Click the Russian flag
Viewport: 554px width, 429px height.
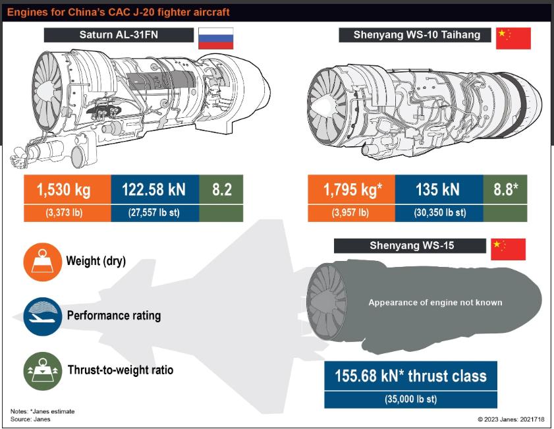click(x=215, y=38)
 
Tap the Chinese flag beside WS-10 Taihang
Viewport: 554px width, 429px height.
click(x=513, y=38)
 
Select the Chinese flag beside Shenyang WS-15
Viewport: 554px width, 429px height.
click(x=508, y=249)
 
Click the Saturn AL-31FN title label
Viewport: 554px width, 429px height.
click(x=119, y=35)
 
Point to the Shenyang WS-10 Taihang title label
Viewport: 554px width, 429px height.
click(x=415, y=35)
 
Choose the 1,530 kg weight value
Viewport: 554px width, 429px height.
click(x=64, y=189)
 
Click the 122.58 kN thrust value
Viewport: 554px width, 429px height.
click(x=153, y=189)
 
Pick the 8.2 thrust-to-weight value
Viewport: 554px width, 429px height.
click(x=222, y=189)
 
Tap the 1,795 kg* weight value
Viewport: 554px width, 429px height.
click(x=352, y=189)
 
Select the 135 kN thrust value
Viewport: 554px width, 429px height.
click(x=438, y=189)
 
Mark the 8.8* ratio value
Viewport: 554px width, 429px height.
click(x=506, y=189)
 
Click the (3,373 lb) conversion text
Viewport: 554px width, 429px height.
click(x=64, y=213)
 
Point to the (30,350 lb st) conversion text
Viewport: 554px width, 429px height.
click(x=440, y=213)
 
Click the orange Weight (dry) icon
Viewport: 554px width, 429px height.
click(x=42, y=262)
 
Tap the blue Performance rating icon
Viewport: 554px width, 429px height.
click(x=42, y=316)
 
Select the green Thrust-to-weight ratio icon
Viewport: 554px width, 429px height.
click(x=42, y=371)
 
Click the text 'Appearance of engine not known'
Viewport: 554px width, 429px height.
click(x=435, y=302)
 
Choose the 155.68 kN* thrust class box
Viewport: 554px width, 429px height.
click(x=410, y=376)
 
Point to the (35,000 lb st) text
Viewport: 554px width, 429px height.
click(x=410, y=399)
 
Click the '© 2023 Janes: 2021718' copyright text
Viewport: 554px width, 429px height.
click(x=511, y=420)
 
